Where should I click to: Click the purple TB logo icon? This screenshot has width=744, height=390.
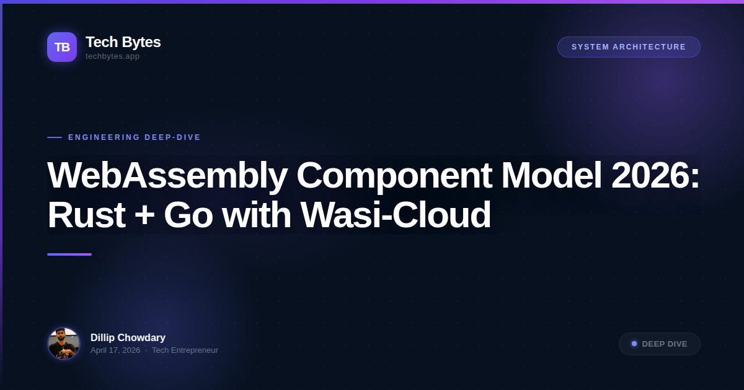62,47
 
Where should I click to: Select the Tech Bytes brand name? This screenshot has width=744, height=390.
123,42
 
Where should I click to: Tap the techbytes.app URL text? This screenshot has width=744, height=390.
112,56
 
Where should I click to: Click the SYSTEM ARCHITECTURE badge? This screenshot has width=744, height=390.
629,47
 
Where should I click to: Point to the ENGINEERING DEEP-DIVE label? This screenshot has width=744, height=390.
135,137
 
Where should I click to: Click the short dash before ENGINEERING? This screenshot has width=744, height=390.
55,137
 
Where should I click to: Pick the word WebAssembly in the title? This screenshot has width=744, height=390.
167,176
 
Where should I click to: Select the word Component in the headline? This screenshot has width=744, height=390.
394,176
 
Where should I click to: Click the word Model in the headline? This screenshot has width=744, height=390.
551,176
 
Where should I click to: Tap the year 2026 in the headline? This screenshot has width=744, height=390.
655,176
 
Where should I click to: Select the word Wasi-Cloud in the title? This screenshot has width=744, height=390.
396,215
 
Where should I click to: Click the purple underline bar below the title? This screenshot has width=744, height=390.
69,254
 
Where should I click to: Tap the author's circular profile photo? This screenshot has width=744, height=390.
64,344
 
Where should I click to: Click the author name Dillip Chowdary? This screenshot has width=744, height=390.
128,337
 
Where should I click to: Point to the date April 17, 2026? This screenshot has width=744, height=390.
115,350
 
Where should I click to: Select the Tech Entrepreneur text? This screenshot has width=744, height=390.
185,350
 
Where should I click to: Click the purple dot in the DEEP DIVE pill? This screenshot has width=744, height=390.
634,344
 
